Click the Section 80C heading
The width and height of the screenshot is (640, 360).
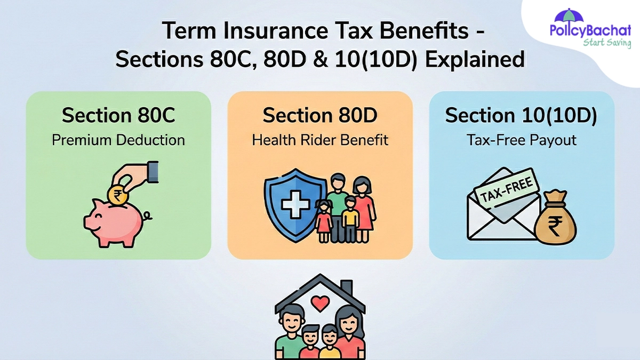[x=118, y=115]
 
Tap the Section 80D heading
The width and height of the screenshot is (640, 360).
[x=319, y=115]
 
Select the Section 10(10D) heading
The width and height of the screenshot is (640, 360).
[x=521, y=115]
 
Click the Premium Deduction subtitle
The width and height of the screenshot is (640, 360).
[x=118, y=140]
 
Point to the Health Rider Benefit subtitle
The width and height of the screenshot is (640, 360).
[x=319, y=140]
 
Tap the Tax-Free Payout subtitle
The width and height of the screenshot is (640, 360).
[x=521, y=140]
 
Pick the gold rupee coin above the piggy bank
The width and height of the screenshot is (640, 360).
[x=116, y=195]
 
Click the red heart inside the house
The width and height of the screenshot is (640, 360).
[x=319, y=304]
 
